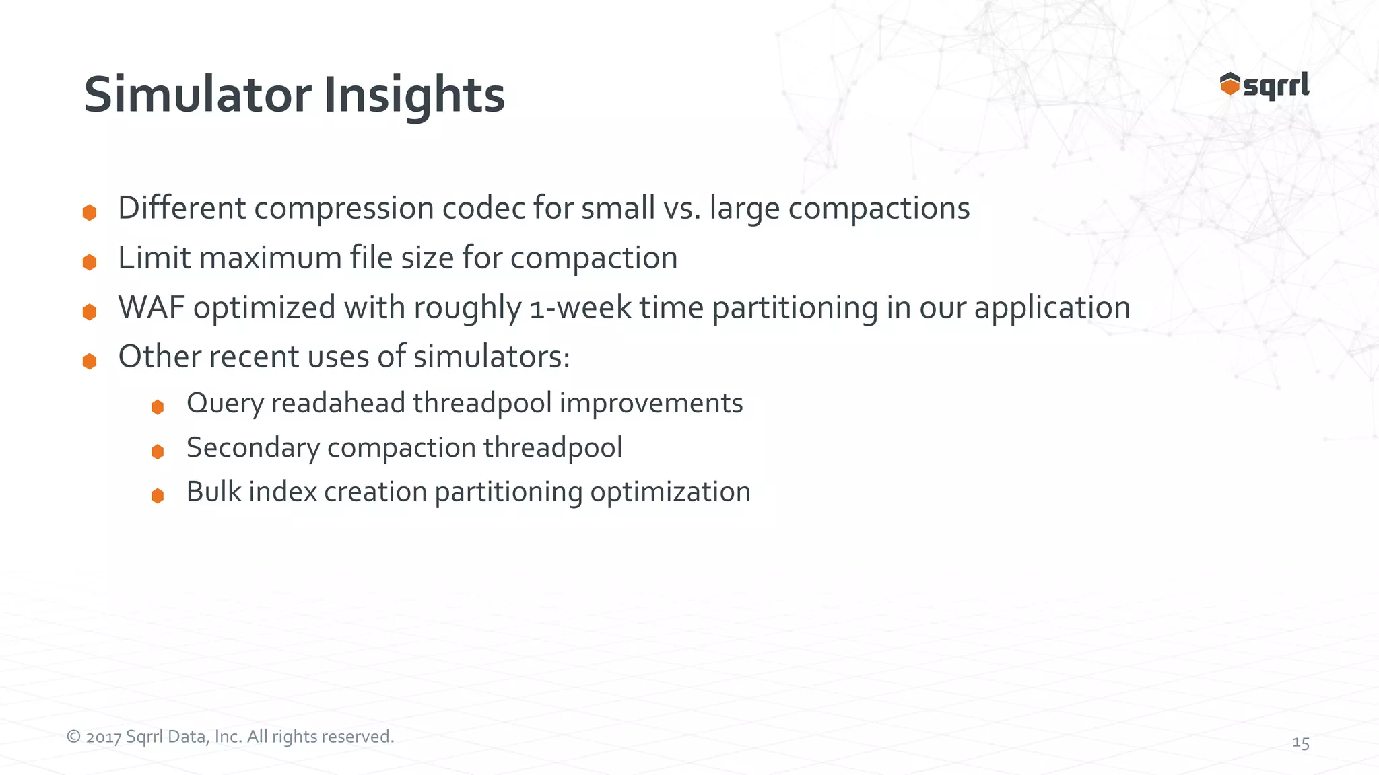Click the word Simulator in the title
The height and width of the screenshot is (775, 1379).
click(x=197, y=95)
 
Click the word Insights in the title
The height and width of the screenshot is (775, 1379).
click(x=413, y=95)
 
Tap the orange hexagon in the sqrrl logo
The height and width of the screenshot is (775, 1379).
click(x=1230, y=85)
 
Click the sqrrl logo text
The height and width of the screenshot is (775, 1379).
click(x=1276, y=86)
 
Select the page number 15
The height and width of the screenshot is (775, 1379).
click(x=1300, y=743)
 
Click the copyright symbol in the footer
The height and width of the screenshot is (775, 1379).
click(x=73, y=737)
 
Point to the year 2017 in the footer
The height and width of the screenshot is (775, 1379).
click(x=104, y=737)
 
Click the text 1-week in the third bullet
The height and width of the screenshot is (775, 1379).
click(x=580, y=307)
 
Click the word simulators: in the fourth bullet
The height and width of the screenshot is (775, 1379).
click(x=492, y=357)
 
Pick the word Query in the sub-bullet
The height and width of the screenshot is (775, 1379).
click(x=225, y=404)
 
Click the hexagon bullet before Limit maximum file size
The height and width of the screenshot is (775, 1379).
click(x=90, y=262)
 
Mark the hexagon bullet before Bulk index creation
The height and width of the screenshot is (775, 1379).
click(x=158, y=496)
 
